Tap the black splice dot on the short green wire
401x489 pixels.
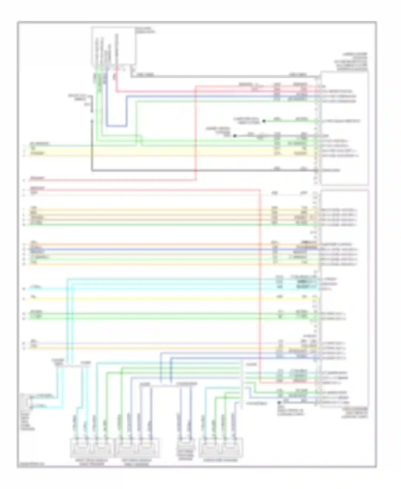tap(264, 121)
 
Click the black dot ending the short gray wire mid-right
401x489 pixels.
tap(235, 136)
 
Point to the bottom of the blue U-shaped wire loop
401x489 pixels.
tap(116, 125)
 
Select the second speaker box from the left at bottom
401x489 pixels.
tap(137, 448)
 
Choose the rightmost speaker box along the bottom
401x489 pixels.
tap(221, 448)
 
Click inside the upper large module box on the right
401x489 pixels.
tap(345, 128)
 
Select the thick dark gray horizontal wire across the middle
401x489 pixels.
tap(203, 170)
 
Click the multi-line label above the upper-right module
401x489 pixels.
tap(352, 62)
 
